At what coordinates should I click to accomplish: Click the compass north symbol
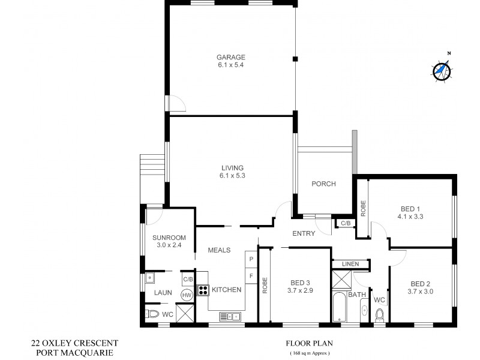pos(442,70)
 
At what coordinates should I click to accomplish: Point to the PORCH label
pos(323,184)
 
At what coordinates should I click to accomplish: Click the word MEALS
pos(220,250)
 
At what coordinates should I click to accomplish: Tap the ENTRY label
pos(304,233)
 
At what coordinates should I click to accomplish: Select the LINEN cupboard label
pos(350,264)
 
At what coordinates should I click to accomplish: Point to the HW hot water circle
pos(187,295)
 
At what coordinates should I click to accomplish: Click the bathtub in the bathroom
pos(340,308)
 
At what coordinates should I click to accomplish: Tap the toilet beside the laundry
pos(153,314)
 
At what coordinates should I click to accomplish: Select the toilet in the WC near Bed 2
pos(379,315)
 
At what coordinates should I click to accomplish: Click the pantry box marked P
pos(251,259)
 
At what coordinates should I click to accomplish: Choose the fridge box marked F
pos(251,275)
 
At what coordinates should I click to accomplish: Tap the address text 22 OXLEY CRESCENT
pos(74,343)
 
